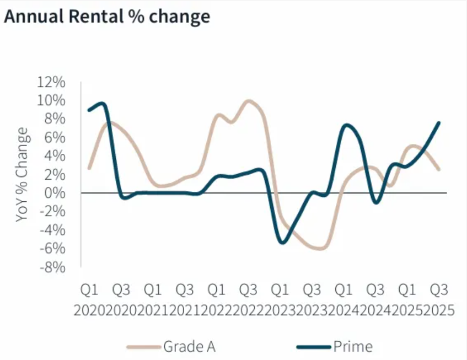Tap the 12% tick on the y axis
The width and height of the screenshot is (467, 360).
[x=51, y=82]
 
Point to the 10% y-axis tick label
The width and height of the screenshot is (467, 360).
[x=51, y=101]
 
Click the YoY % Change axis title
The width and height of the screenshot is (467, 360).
[x=22, y=174]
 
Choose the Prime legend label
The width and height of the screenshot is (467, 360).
[x=352, y=346]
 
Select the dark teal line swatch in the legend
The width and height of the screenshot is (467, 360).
[x=314, y=347]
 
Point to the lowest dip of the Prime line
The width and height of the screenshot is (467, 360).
[x=283, y=242]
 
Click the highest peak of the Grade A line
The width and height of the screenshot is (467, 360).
[x=249, y=101]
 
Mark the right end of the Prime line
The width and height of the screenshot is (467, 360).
[x=439, y=122]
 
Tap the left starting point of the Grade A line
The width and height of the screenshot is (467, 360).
[x=89, y=168]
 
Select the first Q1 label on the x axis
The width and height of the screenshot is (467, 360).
[x=90, y=289]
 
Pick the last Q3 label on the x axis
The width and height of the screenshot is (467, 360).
[x=439, y=289]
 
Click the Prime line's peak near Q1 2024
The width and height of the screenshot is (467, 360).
[x=346, y=125]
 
